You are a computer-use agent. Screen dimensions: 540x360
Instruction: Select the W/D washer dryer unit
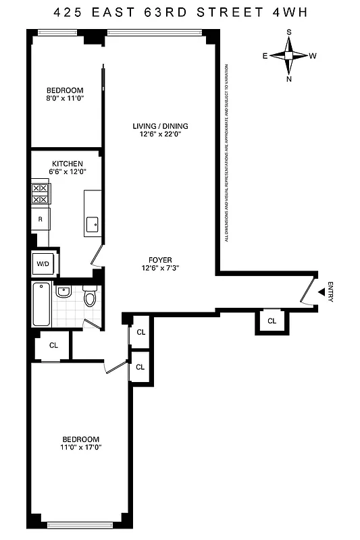tap(43, 263)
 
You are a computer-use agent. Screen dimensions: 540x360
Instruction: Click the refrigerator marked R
tap(41, 219)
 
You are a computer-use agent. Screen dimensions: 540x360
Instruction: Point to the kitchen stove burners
tap(40, 194)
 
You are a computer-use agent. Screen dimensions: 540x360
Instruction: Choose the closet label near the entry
tap(272, 321)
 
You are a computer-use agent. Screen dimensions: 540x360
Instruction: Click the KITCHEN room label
tap(68, 163)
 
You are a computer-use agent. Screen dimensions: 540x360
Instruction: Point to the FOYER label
tap(161, 259)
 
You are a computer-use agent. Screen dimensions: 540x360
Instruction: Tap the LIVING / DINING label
tap(160, 126)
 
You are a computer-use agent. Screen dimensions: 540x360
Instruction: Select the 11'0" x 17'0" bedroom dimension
tap(82, 447)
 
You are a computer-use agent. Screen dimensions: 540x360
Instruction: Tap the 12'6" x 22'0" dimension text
tap(160, 134)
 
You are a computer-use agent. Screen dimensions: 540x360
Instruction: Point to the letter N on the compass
tap(289, 78)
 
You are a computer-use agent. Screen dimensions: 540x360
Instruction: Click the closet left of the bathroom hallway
tap(53, 345)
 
